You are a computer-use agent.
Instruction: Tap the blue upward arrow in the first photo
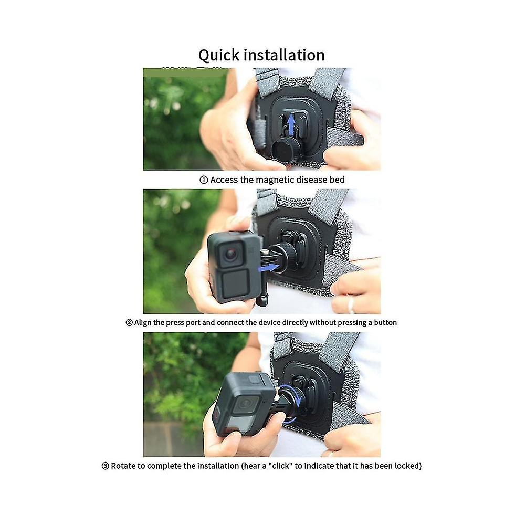point(291,124)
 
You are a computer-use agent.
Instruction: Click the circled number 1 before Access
point(204,180)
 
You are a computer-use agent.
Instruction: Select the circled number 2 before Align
point(129,322)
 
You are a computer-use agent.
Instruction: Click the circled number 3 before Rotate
point(105,465)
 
